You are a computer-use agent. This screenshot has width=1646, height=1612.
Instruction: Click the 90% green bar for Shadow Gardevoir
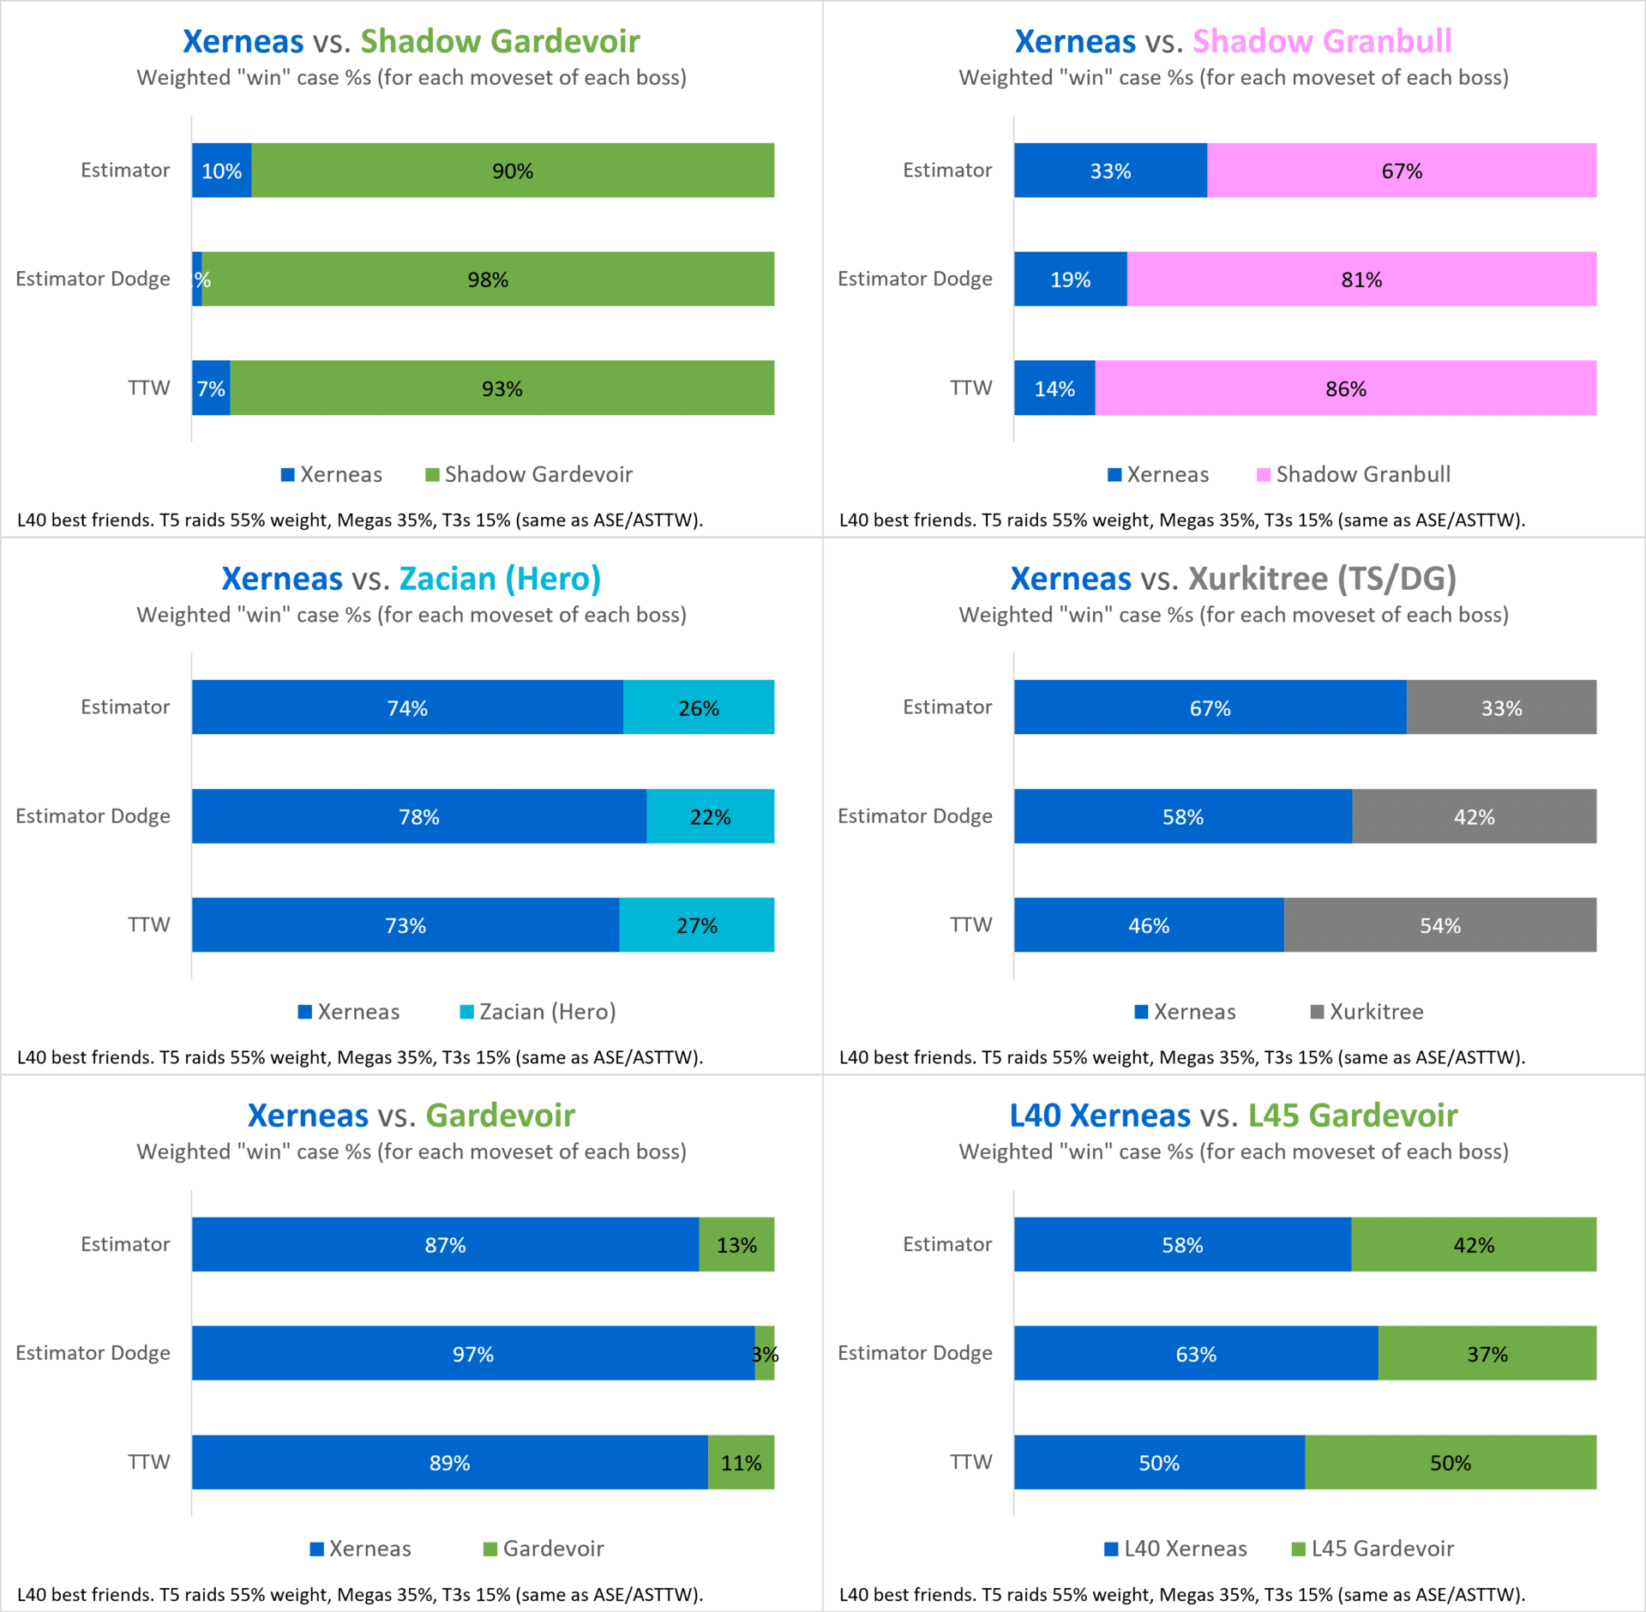tap(513, 171)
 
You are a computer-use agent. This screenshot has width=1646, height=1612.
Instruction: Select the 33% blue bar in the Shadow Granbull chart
tap(1110, 171)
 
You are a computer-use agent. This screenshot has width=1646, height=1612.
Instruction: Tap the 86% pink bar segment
tap(1346, 388)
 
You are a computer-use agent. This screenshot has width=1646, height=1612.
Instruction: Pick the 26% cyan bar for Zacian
tap(699, 707)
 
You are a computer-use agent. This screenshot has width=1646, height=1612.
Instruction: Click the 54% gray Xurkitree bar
tap(1440, 925)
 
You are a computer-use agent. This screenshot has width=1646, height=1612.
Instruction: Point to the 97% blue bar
tap(472, 1353)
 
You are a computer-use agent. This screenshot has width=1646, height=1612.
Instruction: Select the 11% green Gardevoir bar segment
tap(741, 1462)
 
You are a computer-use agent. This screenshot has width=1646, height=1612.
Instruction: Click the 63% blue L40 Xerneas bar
tap(1196, 1353)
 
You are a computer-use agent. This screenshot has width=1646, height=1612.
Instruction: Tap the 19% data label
tap(1071, 280)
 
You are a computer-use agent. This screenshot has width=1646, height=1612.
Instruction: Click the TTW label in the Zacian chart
tap(149, 924)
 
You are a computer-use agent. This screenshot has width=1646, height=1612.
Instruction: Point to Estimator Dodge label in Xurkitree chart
tap(915, 815)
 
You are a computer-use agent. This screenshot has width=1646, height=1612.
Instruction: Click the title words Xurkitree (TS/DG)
tap(1323, 579)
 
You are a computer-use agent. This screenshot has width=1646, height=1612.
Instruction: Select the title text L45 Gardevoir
tap(1353, 1116)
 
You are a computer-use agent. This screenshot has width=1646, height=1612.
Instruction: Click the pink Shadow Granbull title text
tap(1322, 41)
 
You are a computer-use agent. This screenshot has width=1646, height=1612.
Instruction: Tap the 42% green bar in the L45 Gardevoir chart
tap(1474, 1244)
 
